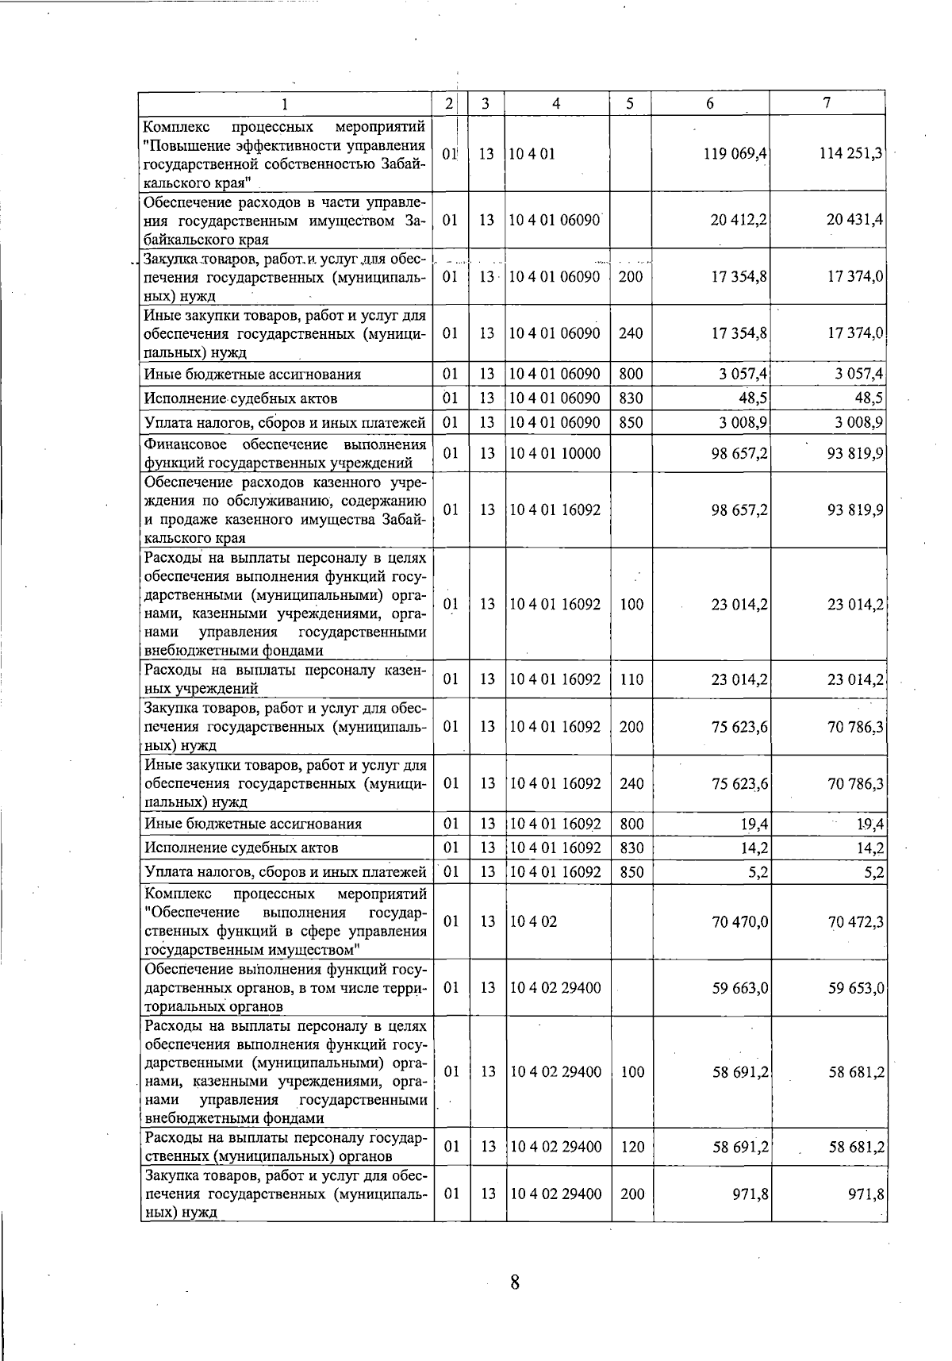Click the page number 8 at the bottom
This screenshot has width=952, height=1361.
(x=515, y=1282)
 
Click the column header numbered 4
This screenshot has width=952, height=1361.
(x=557, y=103)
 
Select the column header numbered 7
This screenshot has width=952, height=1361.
(x=827, y=103)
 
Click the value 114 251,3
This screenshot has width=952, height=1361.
(x=850, y=154)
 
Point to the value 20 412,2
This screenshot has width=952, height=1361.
(x=739, y=220)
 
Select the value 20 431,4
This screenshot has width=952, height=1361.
(x=854, y=220)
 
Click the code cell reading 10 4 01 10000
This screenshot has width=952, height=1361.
(x=555, y=454)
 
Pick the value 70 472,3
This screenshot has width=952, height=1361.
(x=855, y=921)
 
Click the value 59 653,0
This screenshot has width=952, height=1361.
(x=855, y=988)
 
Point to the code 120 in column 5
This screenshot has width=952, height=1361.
(x=631, y=1147)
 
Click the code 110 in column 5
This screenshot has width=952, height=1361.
(x=631, y=679)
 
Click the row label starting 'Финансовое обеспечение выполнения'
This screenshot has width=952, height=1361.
(x=285, y=454)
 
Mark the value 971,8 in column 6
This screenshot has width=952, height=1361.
(x=750, y=1194)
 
